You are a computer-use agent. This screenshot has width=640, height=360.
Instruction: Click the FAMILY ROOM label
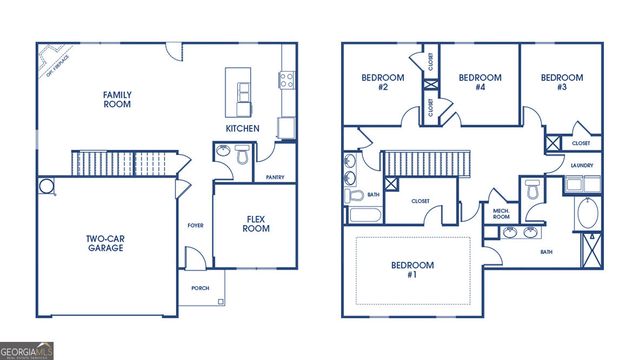pos(117,100)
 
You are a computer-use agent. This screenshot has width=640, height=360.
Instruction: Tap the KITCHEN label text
pos(242,129)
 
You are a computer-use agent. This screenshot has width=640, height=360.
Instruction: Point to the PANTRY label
pos(276,177)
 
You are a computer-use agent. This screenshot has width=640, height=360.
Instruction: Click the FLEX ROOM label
pos(257,223)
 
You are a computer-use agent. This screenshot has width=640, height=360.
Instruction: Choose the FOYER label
pos(196,225)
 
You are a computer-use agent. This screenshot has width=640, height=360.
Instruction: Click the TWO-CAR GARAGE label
pos(104,243)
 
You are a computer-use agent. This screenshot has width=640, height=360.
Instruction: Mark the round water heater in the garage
pos(46,186)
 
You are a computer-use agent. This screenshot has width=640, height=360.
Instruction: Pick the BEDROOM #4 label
pos(479,82)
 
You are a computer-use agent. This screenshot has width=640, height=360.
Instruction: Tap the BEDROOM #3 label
pos(561,82)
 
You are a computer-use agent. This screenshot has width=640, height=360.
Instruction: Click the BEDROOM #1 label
pos(412,270)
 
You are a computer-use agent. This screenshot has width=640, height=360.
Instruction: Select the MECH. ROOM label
pos(501,213)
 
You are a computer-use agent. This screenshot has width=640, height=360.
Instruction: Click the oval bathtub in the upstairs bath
pos(587,215)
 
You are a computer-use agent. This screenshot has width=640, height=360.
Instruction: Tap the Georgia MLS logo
pos(27,351)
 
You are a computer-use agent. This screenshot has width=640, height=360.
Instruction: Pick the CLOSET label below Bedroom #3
pos(581,143)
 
